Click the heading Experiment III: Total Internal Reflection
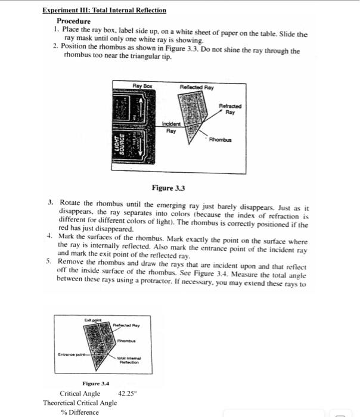104,10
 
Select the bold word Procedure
73,21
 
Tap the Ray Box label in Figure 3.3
142,86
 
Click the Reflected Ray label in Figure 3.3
197,87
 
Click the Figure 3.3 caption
169,188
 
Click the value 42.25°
128,393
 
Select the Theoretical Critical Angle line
80,403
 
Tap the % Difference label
80,412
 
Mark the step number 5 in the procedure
51,261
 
